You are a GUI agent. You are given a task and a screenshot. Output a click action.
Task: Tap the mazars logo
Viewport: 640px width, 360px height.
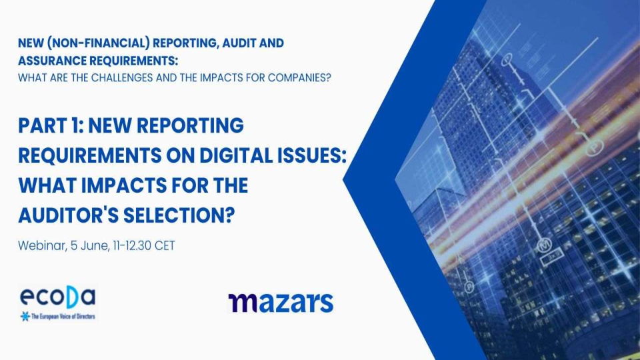point(280,301)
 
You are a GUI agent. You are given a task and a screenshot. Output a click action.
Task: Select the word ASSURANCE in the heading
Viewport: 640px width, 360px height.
point(51,60)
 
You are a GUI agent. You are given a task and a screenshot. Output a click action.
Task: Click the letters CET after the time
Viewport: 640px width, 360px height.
point(165,245)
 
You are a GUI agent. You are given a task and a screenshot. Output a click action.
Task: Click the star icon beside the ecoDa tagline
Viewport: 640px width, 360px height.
point(25,315)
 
